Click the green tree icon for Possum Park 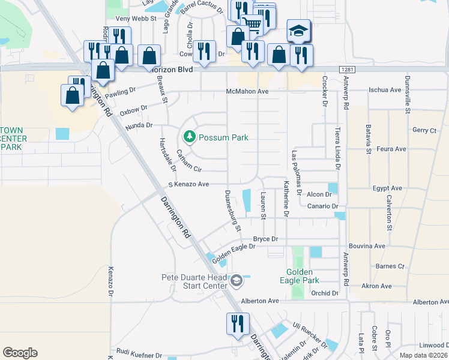tap(190, 137)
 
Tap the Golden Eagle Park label tap(299, 276)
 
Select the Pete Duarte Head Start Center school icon tap(237, 281)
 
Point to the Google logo tap(20, 352)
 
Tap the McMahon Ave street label tap(247, 91)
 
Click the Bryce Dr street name tap(265, 239)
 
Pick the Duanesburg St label tap(232, 211)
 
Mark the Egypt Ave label tap(387, 188)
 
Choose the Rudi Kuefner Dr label tap(139, 355)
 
